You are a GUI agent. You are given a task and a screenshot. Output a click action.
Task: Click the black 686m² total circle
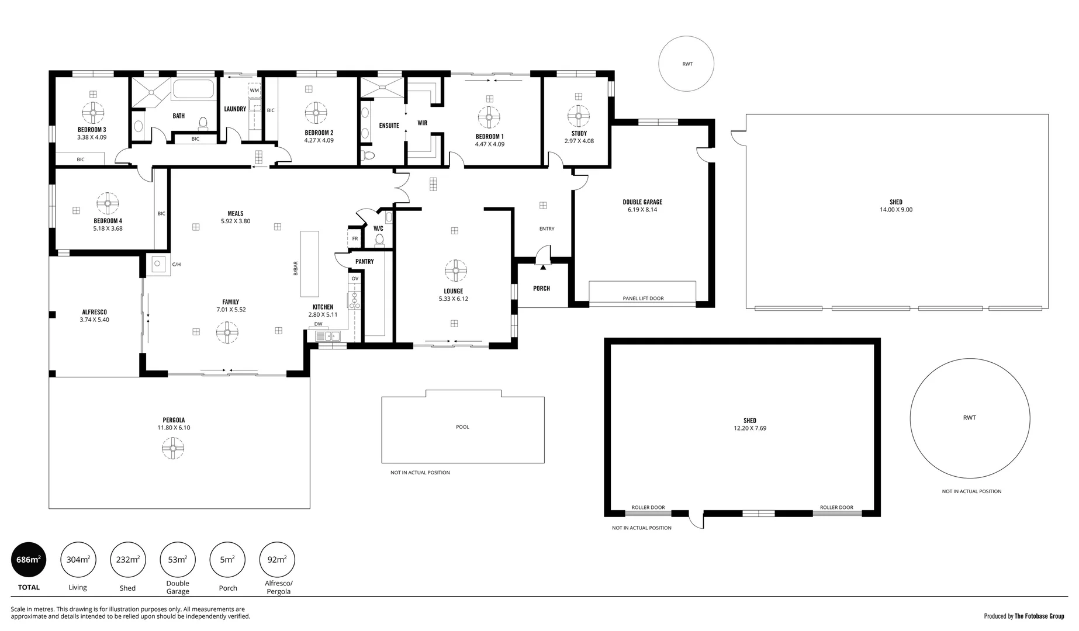coord(28,560)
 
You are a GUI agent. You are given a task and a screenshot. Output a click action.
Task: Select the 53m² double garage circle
coord(177,560)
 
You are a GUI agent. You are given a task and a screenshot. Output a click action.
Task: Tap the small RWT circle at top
coord(687,64)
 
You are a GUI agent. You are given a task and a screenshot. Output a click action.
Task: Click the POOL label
coord(462,427)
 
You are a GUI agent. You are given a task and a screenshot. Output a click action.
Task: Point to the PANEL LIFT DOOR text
coord(643,299)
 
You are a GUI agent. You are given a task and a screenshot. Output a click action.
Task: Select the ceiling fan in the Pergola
coord(173,449)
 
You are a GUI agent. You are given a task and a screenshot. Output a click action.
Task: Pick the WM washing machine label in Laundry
coord(254,91)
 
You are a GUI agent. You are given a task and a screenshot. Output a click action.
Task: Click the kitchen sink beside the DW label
coord(328,336)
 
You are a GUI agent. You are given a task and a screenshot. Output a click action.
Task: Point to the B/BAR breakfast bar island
coord(310,264)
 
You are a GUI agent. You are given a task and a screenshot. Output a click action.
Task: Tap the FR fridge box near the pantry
coord(355,238)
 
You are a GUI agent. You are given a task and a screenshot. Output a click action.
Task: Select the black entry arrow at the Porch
coord(543,267)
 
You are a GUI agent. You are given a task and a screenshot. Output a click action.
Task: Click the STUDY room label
coord(579,133)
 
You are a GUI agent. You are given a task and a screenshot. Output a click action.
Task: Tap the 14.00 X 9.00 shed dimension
coord(896,210)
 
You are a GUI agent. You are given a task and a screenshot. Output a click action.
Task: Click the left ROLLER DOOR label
coord(648,507)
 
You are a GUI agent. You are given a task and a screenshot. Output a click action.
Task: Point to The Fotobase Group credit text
coord(1039,616)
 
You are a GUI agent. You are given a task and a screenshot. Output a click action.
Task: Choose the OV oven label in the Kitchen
coord(355,279)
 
